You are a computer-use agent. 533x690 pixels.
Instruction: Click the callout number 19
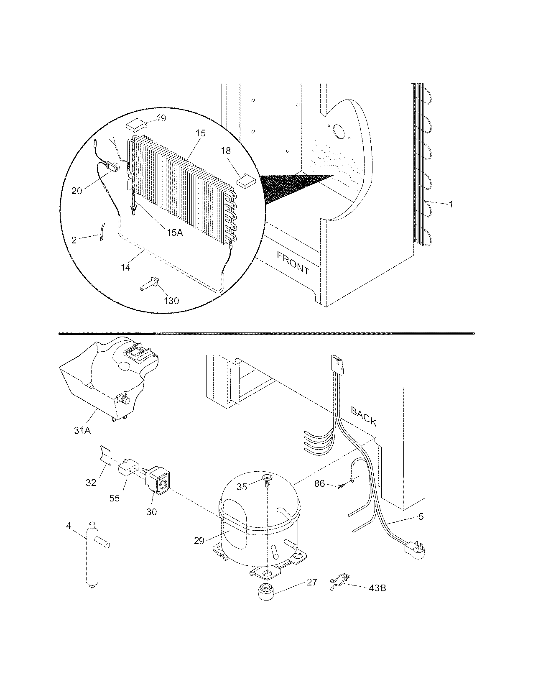[x=161, y=118]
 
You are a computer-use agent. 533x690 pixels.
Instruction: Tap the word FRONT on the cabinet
[x=293, y=263]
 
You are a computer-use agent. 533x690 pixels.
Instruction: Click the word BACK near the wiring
[x=364, y=417]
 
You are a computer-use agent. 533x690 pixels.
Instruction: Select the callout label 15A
[x=175, y=233]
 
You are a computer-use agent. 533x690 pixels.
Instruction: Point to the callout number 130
[x=171, y=300]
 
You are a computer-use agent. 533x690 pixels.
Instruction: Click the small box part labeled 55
[x=126, y=469]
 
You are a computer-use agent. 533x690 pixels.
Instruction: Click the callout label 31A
[x=82, y=429]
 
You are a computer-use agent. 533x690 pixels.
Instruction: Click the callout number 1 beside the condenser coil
[x=451, y=204]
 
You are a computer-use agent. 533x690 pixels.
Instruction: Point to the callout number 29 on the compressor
[x=199, y=541]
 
